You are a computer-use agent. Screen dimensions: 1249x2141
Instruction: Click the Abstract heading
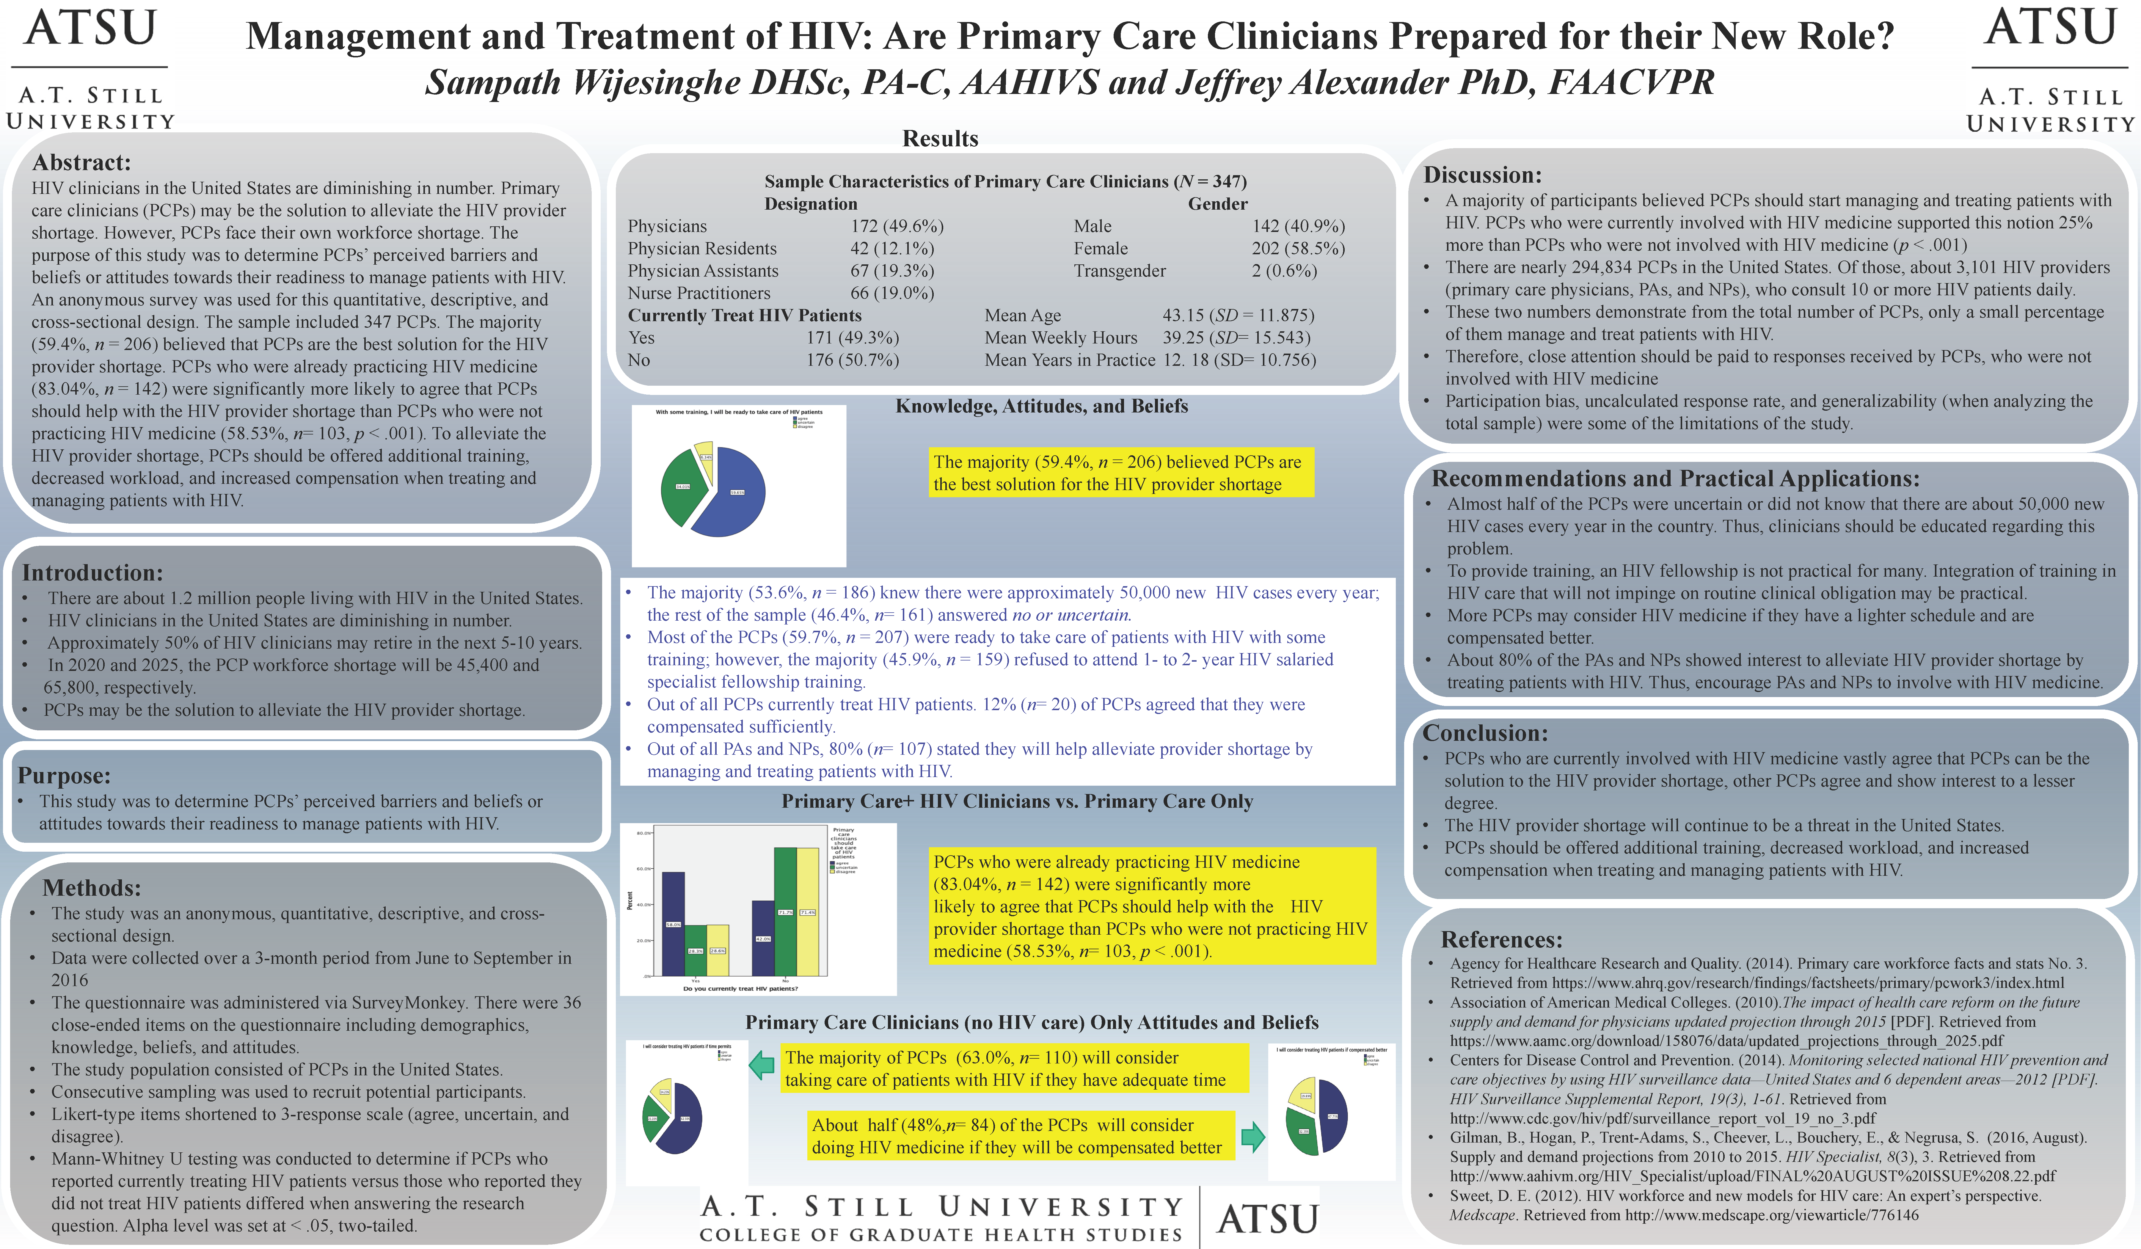click(81, 162)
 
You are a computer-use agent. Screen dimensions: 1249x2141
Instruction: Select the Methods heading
click(92, 888)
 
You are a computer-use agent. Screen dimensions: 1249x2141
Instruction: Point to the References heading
click(1501, 940)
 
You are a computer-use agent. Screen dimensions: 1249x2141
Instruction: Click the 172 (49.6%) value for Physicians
click(897, 226)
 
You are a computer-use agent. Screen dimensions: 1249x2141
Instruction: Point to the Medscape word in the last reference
click(1483, 1215)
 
